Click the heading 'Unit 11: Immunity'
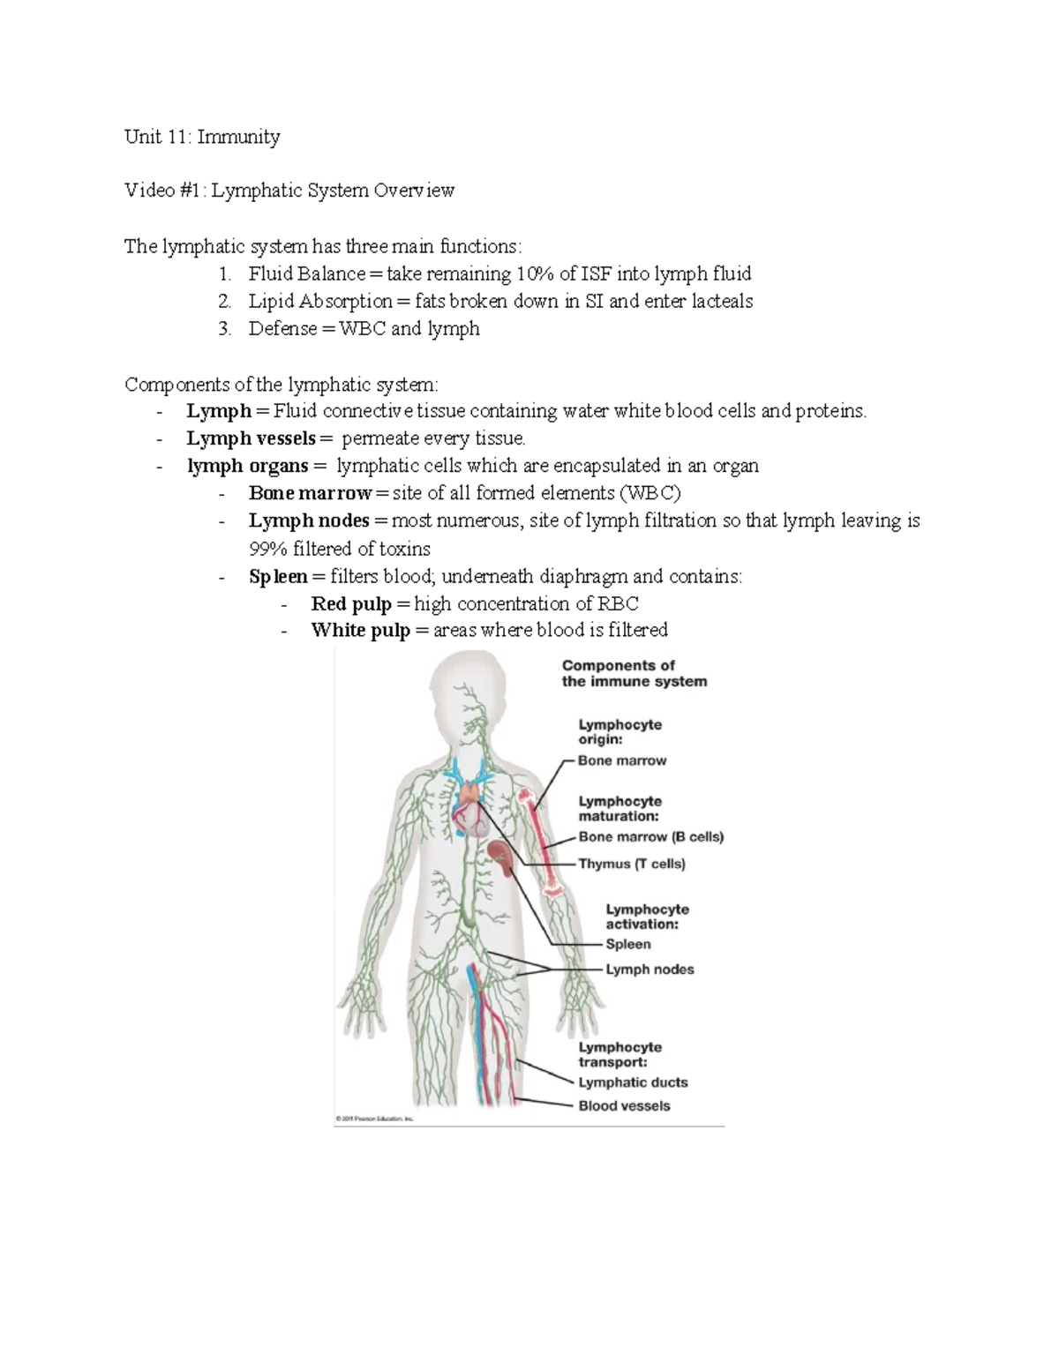pyautogui.click(x=202, y=137)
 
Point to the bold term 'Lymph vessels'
pyautogui.click(x=251, y=438)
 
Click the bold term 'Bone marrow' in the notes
pyautogui.click(x=310, y=493)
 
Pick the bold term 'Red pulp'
pyautogui.click(x=351, y=604)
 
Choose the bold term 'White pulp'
pyautogui.click(x=360, y=631)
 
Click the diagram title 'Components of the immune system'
pyautogui.click(x=634, y=673)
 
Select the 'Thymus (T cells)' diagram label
pyautogui.click(x=632, y=864)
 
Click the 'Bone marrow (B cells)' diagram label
pyautogui.click(x=651, y=836)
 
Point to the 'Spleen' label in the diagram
pyautogui.click(x=628, y=944)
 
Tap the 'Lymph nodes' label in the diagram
pyautogui.click(x=650, y=969)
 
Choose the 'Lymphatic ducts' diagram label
pyautogui.click(x=633, y=1082)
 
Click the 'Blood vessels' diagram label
pyautogui.click(x=624, y=1106)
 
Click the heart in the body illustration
pyautogui.click(x=470, y=812)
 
